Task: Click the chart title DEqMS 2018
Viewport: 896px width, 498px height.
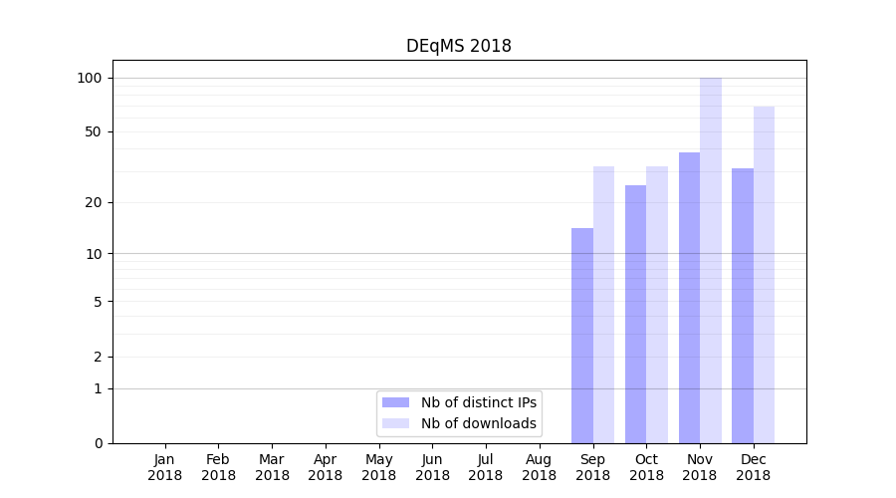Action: pyautogui.click(x=458, y=46)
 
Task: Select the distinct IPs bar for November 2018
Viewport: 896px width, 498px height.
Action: pyautogui.click(x=689, y=298)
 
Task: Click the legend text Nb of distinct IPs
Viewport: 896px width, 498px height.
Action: pyautogui.click(x=479, y=402)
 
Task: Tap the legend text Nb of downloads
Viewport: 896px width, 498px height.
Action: pyautogui.click(x=479, y=423)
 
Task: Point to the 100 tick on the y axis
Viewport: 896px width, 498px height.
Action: pyautogui.click(x=90, y=78)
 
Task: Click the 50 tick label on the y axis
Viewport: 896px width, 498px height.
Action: pyautogui.click(x=94, y=131)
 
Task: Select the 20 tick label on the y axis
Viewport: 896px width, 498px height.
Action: pyautogui.click(x=94, y=202)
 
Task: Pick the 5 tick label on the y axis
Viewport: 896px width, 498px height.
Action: pyautogui.click(x=98, y=301)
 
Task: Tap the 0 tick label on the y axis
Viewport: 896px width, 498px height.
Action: pyautogui.click(x=98, y=443)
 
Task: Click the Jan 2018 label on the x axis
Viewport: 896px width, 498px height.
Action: pyautogui.click(x=165, y=467)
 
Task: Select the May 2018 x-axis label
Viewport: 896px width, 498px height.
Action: pyautogui.click(x=378, y=467)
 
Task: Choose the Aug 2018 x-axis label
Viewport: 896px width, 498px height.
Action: pyautogui.click(x=539, y=467)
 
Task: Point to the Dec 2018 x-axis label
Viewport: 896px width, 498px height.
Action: pyautogui.click(x=753, y=467)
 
